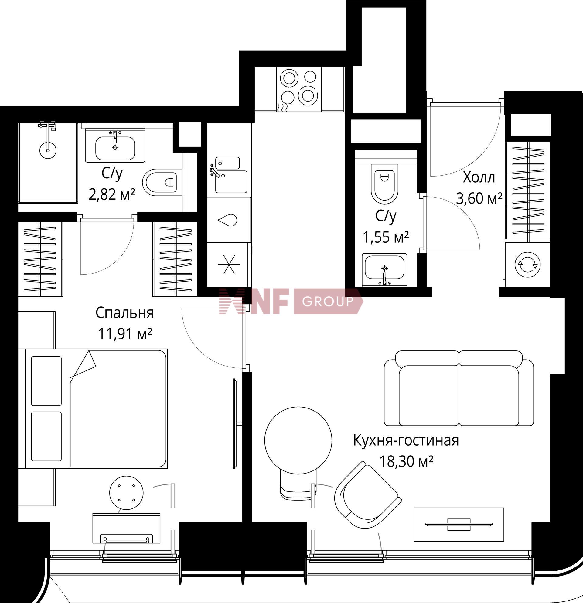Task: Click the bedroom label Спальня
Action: (x=124, y=313)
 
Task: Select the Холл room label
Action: (x=479, y=177)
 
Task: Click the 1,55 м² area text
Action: (x=386, y=237)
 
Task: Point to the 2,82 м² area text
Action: (x=112, y=195)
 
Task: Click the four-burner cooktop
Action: (x=299, y=89)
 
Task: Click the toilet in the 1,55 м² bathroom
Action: (x=384, y=184)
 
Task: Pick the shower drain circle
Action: (x=48, y=150)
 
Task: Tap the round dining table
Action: (x=298, y=441)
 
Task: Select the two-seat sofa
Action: (x=459, y=388)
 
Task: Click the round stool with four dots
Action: (x=126, y=493)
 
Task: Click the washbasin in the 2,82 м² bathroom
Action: (x=115, y=146)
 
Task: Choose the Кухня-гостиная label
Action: (x=406, y=441)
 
